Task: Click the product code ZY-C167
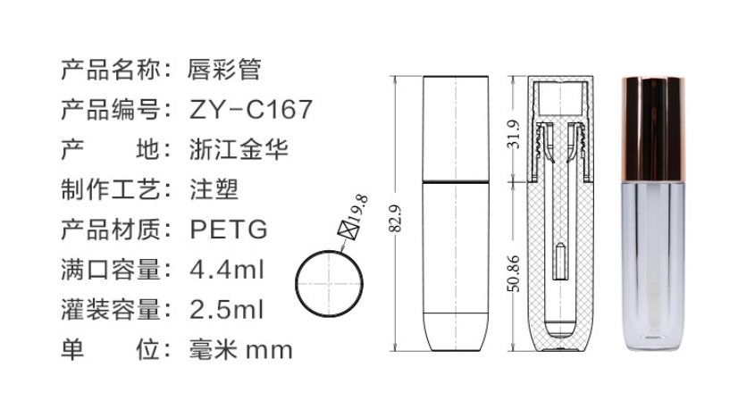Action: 251,110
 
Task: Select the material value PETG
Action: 229,230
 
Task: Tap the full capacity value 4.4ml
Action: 227,270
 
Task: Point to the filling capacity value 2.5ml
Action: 227,310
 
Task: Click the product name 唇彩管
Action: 224,70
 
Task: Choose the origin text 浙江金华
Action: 239,150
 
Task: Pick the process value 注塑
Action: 214,189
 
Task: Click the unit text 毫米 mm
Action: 241,350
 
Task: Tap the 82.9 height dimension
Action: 396,219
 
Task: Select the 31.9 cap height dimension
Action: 514,134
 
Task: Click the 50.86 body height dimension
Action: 514,273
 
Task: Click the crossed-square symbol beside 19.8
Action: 348,230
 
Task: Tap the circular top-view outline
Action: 296,284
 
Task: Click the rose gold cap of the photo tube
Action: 653,129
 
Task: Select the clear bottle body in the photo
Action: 653,267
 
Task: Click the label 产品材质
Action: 111,230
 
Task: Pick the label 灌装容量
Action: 111,310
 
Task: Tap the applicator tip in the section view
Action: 560,263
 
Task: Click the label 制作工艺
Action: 111,189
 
